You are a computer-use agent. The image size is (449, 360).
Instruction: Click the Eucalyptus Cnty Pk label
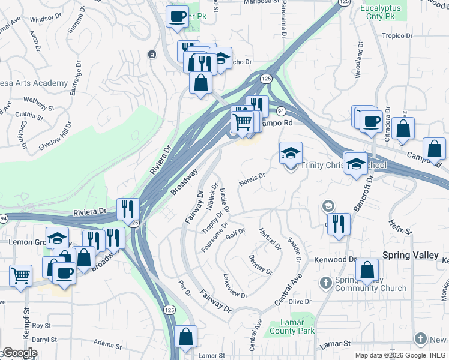[x=384, y=13]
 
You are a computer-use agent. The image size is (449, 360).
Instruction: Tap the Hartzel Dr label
[x=270, y=239]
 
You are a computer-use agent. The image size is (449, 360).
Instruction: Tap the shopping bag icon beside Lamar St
[x=186, y=338]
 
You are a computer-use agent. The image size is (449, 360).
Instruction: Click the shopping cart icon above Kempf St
[x=21, y=277]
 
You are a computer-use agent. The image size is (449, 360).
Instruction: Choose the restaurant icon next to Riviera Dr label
[x=128, y=208]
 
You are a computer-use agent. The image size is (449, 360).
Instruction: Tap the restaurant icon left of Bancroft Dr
[x=339, y=224]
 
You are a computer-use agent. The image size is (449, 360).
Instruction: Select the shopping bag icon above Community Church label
[x=367, y=270]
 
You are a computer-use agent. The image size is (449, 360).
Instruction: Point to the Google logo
[x=20, y=353]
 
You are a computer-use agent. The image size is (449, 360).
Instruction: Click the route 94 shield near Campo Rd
[x=280, y=112]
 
